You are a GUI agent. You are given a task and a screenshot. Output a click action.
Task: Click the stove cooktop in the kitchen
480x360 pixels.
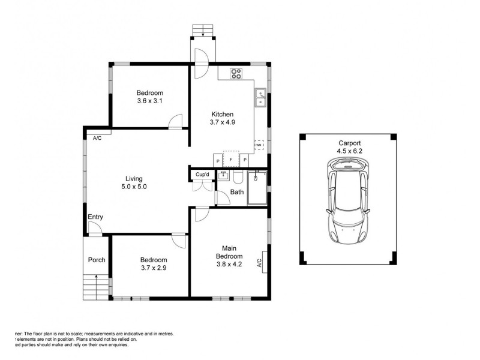click(236, 74)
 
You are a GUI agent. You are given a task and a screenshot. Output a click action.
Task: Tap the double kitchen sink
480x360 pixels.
click(261, 97)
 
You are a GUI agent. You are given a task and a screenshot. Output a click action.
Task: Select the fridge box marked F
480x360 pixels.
click(231, 158)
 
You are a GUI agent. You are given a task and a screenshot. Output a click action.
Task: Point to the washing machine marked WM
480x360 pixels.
click(259, 146)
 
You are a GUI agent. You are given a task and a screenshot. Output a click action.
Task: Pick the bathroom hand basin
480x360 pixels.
click(222, 175)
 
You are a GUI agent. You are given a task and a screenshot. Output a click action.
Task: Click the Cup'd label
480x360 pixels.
click(202, 175)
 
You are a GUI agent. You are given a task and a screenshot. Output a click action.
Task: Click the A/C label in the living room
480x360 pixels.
click(97, 138)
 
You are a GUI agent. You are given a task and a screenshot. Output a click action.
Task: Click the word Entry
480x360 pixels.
click(95, 217)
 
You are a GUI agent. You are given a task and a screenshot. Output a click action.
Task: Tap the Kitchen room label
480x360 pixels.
click(222, 115)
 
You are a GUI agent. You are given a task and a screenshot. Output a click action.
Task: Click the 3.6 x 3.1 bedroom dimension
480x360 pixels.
click(150, 101)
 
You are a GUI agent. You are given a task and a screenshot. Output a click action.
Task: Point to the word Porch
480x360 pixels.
click(97, 260)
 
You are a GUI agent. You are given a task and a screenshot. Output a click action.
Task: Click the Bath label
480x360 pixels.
click(236, 193)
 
